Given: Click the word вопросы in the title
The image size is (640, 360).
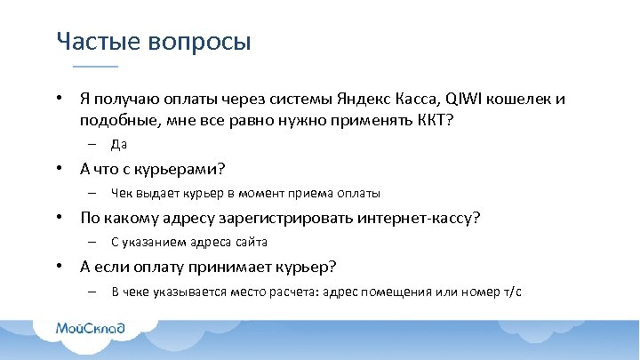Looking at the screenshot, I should [196, 42].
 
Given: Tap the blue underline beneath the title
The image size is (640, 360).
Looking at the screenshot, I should [95, 67].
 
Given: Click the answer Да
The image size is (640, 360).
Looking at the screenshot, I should [120, 144].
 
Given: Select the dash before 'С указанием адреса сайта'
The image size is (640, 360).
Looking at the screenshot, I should [92, 242].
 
